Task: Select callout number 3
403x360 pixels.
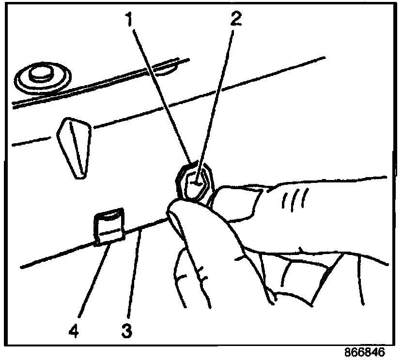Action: (x=127, y=332)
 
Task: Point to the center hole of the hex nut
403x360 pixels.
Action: (x=197, y=183)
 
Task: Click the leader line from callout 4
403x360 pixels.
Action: (x=89, y=285)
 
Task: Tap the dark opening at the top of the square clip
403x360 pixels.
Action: (x=109, y=214)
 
